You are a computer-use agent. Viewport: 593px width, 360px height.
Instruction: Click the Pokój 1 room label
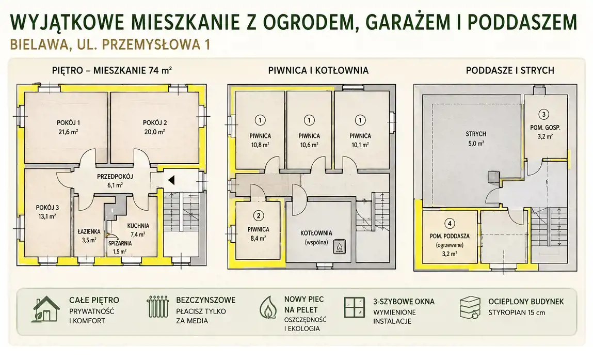(68, 122)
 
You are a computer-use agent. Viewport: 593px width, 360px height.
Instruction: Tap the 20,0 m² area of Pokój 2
(154, 132)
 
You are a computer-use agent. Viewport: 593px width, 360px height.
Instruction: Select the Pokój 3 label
(47, 208)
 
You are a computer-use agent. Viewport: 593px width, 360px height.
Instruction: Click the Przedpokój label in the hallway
(115, 177)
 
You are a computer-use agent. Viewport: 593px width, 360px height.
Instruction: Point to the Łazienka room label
(89, 231)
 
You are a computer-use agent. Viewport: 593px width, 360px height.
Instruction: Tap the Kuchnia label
(138, 226)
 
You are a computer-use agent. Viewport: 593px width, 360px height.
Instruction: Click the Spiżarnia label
(120, 243)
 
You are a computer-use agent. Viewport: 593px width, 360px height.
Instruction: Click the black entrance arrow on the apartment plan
(171, 180)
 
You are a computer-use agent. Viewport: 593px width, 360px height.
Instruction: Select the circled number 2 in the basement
(259, 216)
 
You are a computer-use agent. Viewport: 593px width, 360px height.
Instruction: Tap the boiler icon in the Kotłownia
(339, 247)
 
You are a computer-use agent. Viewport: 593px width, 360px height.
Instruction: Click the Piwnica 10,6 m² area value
(309, 145)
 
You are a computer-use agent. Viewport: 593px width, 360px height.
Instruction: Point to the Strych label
(476, 134)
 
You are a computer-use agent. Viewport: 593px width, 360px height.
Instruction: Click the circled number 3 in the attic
(543, 114)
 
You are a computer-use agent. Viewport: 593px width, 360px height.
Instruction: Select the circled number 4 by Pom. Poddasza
(450, 224)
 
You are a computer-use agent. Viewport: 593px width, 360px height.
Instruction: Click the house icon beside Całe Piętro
(46, 309)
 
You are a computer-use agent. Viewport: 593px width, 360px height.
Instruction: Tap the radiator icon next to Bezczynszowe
(158, 307)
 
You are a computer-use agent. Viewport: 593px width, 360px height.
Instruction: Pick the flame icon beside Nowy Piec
(268, 307)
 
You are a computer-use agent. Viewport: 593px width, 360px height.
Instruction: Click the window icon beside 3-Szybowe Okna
(355, 307)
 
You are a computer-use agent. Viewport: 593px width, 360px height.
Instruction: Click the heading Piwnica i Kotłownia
(318, 70)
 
